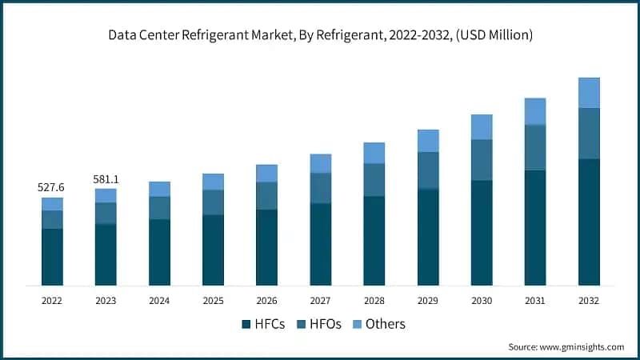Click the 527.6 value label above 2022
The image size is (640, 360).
point(52,187)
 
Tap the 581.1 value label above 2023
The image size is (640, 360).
point(106,179)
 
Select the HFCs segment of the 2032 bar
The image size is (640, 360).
point(589,222)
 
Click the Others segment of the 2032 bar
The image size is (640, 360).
point(589,93)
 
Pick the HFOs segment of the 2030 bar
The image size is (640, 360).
point(482,160)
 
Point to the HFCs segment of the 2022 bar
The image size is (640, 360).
point(52,257)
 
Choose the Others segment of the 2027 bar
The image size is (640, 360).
point(321,164)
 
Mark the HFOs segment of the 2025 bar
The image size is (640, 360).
point(213,202)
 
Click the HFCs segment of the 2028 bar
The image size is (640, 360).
point(374,241)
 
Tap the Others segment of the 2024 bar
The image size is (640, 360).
point(159,189)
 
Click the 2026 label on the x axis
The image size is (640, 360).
point(266,301)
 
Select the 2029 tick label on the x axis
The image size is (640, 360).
point(428,301)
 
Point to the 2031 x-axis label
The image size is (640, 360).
point(535,301)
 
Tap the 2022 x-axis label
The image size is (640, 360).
point(52,301)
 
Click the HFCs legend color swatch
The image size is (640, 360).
point(246,324)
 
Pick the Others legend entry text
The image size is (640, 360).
point(386,324)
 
